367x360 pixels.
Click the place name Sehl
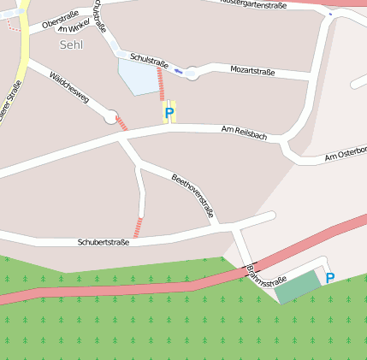pyautogui.click(x=72, y=44)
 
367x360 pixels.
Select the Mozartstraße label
pyautogui.click(x=252, y=71)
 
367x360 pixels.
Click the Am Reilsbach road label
pyautogui.click(x=244, y=132)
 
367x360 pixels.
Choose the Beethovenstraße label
pyautogui.click(x=192, y=196)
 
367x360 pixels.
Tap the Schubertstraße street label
pyautogui.click(x=103, y=243)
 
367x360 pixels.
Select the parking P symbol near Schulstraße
pyautogui.click(x=169, y=112)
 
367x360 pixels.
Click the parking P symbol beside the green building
pyautogui.click(x=329, y=278)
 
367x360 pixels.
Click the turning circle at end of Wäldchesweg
pyautogui.click(x=110, y=117)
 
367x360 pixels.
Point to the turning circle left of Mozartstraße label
pyautogui.click(x=192, y=74)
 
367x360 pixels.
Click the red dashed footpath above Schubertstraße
pyautogui.click(x=138, y=227)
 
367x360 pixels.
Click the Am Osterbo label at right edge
pyautogui.click(x=345, y=155)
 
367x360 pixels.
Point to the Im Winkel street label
pyautogui.click(x=74, y=28)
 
